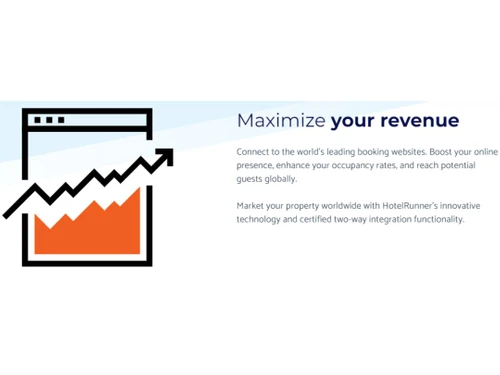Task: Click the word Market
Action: tap(252, 205)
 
